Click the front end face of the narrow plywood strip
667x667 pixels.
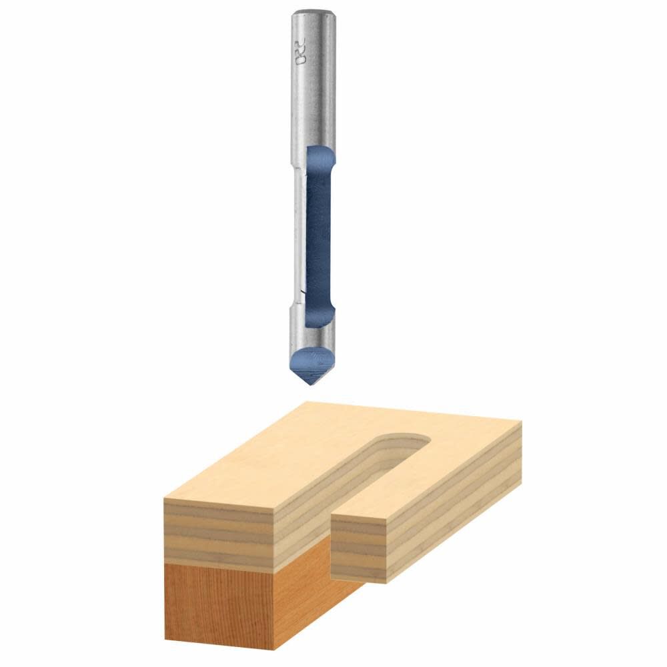point(360,547)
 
